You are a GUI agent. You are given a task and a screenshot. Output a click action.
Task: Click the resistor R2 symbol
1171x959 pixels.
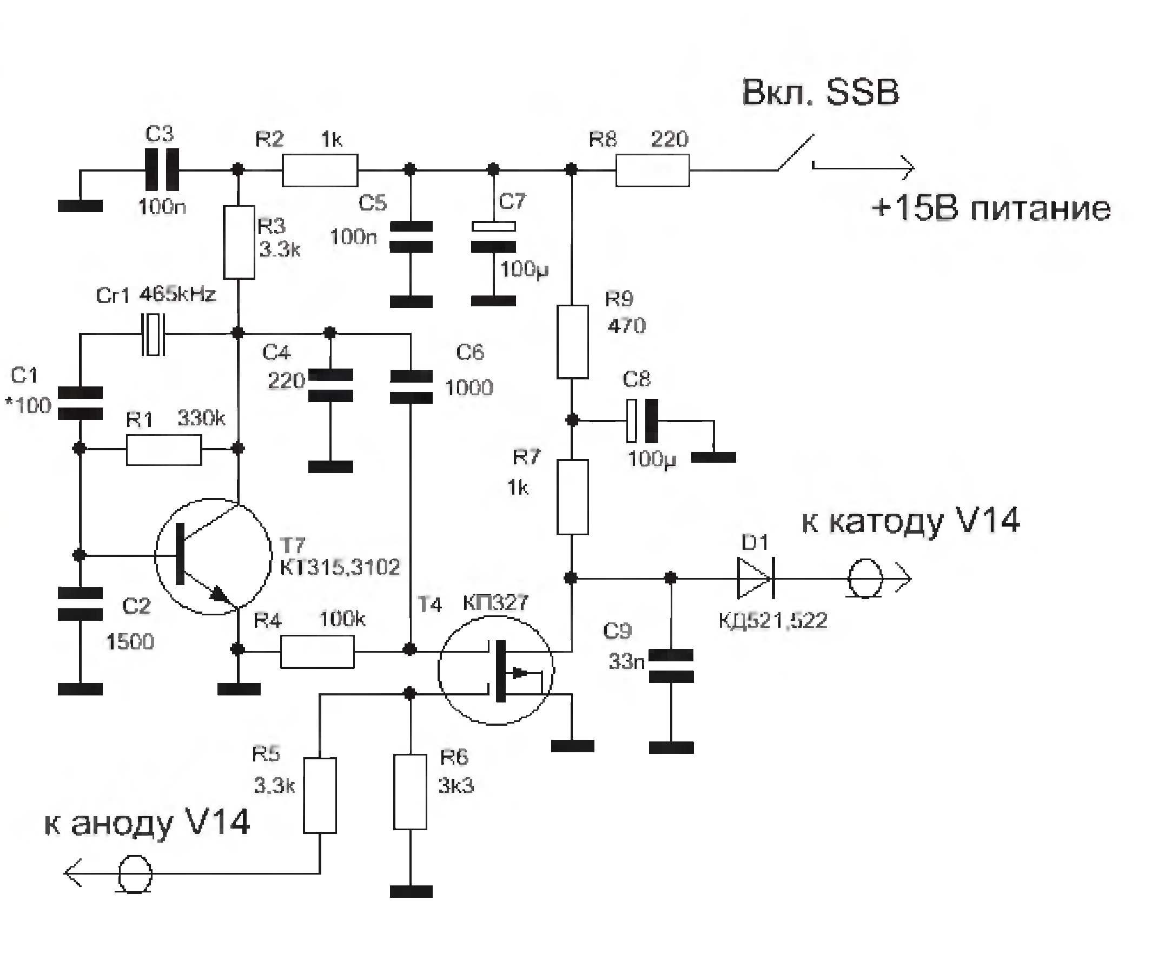pyautogui.click(x=320, y=170)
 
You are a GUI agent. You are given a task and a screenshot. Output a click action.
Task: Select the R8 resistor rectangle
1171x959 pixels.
pyautogui.click(x=653, y=170)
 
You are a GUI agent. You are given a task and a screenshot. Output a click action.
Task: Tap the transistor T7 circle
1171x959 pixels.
pyautogui.click(x=213, y=556)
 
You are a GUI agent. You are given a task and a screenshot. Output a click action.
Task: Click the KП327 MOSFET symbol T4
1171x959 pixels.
pyautogui.click(x=496, y=670)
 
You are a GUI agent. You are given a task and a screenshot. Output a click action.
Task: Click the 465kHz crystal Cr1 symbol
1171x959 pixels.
pyautogui.click(x=153, y=334)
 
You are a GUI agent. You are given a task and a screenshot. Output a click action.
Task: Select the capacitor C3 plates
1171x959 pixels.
pyautogui.click(x=161, y=169)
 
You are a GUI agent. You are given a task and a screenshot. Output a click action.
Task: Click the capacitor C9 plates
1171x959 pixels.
pyautogui.click(x=671, y=666)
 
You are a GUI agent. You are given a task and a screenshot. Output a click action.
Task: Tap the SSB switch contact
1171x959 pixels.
pyautogui.click(x=796, y=153)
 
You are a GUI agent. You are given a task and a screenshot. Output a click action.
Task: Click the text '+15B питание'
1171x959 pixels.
pyautogui.click(x=990, y=209)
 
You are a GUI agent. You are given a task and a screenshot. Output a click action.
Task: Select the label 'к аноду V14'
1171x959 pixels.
pyautogui.click(x=147, y=824)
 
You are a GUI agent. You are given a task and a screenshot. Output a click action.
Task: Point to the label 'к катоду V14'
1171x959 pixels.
pyautogui.click(x=910, y=521)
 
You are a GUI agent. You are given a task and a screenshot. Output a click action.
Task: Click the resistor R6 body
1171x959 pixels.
pyautogui.click(x=410, y=792)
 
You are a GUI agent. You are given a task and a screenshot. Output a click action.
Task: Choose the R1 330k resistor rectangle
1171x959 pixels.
pyautogui.click(x=164, y=450)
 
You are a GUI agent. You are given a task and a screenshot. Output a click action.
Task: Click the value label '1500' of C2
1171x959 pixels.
pyautogui.click(x=130, y=642)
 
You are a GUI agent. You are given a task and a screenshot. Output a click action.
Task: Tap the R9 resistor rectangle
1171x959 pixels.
pyautogui.click(x=573, y=341)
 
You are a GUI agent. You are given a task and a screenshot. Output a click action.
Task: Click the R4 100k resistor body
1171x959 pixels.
pyautogui.click(x=317, y=651)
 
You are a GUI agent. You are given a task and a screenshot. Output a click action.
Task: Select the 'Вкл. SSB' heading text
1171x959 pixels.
pyautogui.click(x=821, y=92)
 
